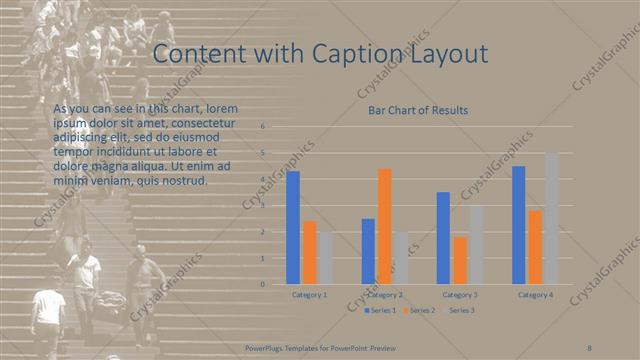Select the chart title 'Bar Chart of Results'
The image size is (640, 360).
coord(418,110)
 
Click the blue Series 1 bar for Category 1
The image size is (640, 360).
coord(293,227)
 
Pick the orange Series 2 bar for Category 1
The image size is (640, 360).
coord(309,252)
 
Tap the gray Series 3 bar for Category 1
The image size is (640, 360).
coord(325,257)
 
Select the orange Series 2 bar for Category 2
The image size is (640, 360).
coord(385,226)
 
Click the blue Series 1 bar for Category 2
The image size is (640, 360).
coord(369,251)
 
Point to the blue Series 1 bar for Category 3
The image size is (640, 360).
coord(443,238)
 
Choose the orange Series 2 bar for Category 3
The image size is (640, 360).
coord(459,260)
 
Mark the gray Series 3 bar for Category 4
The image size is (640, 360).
coord(551,218)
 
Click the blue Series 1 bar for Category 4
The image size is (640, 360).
coord(519,225)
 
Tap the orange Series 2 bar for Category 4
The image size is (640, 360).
coord(535,247)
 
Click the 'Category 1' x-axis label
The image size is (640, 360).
coord(309,295)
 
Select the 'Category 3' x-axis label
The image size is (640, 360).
coord(459,295)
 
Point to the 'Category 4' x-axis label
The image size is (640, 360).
coord(535,295)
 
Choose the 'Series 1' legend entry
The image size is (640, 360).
coord(381,311)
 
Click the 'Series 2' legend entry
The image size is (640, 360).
coord(421,311)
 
